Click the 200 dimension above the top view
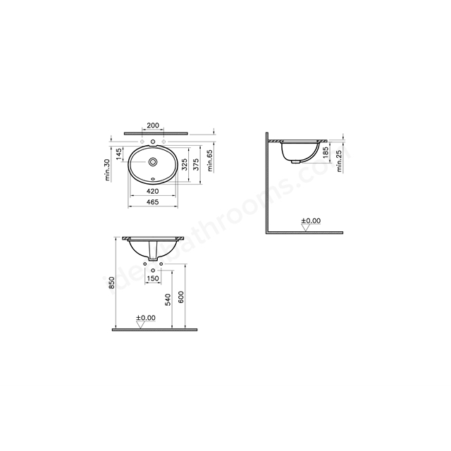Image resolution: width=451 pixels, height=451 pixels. (x=153, y=125)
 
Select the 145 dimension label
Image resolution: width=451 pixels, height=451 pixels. (x=119, y=155)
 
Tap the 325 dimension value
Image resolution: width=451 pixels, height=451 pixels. (x=185, y=164)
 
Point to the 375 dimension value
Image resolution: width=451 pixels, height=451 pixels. (x=196, y=164)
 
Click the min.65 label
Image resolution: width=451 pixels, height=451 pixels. (x=210, y=161)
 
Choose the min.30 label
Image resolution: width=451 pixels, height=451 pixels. (x=107, y=170)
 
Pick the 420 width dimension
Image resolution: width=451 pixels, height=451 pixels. (x=153, y=191)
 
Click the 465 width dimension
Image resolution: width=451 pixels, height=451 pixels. (x=153, y=202)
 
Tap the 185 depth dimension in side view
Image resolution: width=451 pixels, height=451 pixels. (x=326, y=153)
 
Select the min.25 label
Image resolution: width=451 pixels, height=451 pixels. (x=340, y=161)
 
